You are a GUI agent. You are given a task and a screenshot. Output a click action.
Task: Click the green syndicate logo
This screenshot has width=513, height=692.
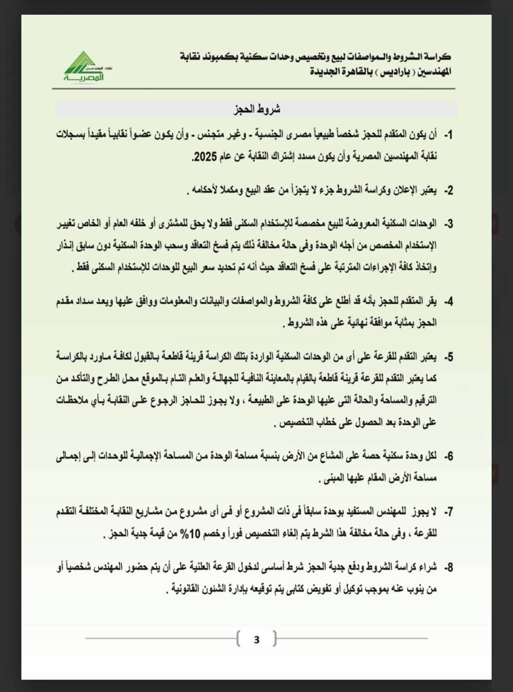[x=84, y=66]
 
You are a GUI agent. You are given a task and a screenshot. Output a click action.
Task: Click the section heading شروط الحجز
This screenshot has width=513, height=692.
[x=257, y=109]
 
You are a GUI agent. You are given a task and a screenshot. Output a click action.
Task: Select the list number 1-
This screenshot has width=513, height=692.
[x=447, y=135]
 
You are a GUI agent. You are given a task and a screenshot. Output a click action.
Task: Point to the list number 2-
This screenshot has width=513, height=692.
[x=447, y=191]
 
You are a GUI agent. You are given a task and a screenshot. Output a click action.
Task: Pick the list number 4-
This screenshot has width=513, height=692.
[x=447, y=302]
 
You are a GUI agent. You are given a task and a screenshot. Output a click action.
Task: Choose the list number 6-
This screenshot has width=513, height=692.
[x=447, y=456]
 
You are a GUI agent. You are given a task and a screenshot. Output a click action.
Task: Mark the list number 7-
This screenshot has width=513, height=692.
[x=447, y=512]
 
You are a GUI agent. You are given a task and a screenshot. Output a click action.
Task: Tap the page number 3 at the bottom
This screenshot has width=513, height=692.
[x=256, y=639]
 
